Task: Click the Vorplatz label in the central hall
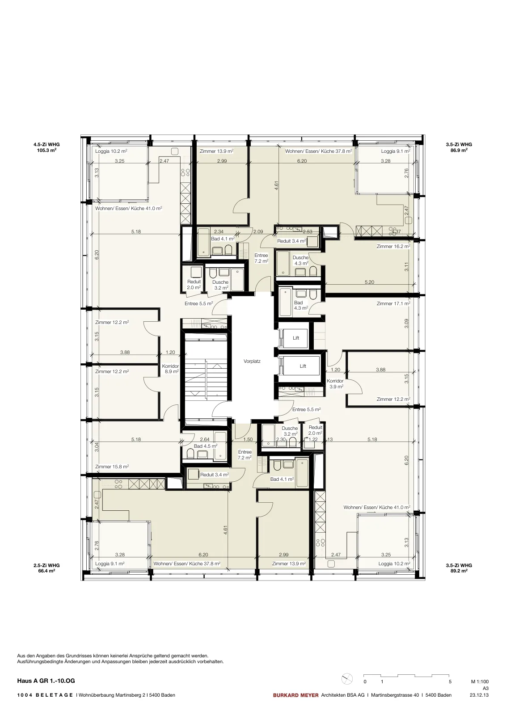pyautogui.click(x=252, y=362)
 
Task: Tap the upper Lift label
pyautogui.click(x=296, y=338)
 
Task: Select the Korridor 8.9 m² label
pyautogui.click(x=170, y=369)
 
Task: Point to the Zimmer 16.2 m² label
pyautogui.click(x=393, y=246)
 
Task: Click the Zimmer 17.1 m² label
pyautogui.click(x=393, y=303)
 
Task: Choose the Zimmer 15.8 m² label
pyautogui.click(x=112, y=467)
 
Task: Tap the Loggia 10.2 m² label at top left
pyautogui.click(x=111, y=151)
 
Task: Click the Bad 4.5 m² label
pyautogui.click(x=206, y=446)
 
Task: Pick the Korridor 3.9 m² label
pyautogui.click(x=335, y=384)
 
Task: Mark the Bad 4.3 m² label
pyautogui.click(x=301, y=306)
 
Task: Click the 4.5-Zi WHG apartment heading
pyautogui.click(x=46, y=144)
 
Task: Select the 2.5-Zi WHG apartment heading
pyautogui.click(x=46, y=565)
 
